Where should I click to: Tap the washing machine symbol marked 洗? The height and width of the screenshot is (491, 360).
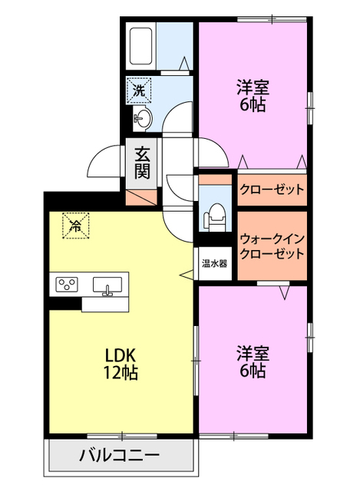pyautogui.click(x=140, y=91)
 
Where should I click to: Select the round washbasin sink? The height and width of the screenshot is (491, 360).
pyautogui.click(x=143, y=118)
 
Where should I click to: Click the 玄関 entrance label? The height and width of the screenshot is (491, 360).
pyautogui.click(x=143, y=162)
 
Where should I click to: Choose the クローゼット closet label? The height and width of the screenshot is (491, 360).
pyautogui.click(x=272, y=189)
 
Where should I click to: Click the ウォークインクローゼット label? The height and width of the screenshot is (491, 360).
pyautogui.click(x=272, y=246)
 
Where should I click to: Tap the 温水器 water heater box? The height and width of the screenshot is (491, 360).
pyautogui.click(x=214, y=264)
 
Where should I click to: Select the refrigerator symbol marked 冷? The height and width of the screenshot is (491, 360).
pyautogui.click(x=75, y=226)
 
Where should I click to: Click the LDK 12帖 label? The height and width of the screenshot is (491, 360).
pyautogui.click(x=121, y=364)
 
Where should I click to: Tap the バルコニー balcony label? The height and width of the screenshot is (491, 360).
pyautogui.click(x=120, y=456)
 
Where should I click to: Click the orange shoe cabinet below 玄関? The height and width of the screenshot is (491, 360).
pyautogui.click(x=140, y=195)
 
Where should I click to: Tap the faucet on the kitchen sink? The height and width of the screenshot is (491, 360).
pyautogui.click(x=108, y=290)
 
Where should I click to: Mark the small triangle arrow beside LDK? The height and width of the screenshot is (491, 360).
pyautogui.click(x=186, y=273)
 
